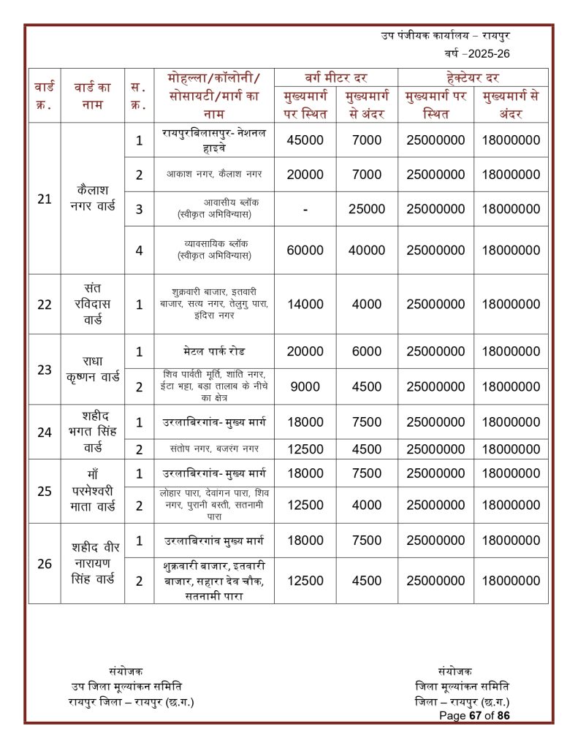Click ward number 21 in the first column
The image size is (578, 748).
tap(45, 199)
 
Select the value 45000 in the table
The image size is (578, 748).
tap(305, 140)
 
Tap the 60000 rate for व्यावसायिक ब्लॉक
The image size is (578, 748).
tap(305, 251)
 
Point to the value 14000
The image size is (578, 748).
tap(305, 305)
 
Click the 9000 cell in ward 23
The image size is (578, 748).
tap(305, 386)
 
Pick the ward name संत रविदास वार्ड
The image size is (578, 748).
tap(92, 304)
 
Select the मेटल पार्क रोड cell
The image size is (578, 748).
tap(214, 351)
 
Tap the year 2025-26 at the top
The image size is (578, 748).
tap(483, 53)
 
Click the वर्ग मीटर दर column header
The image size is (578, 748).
tap(335, 77)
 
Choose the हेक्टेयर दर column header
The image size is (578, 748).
tap(472, 77)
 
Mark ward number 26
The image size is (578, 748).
tap(45, 563)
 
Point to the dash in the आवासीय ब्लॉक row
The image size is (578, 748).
tap(305, 210)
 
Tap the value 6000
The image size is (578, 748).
tap(367, 351)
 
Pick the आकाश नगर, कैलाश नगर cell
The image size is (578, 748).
tap(214, 175)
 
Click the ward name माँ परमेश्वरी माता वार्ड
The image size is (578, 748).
tap(92, 490)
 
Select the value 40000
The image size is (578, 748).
tap(367, 251)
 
